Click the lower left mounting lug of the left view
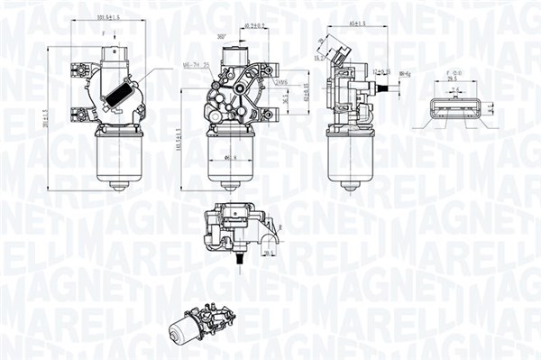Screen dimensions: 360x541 [x=78, y=114]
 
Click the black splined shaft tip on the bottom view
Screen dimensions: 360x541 [x=240, y=260]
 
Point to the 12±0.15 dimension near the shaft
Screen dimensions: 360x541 [x=381, y=69]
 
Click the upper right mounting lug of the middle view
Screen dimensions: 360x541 [x=268, y=68]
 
